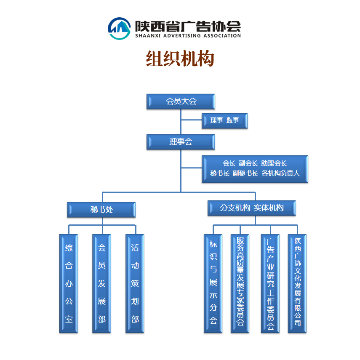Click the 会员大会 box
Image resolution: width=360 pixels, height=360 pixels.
pos(181,101)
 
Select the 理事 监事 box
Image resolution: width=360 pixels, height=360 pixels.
pos(224,120)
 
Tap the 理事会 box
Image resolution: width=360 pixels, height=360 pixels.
pos(181,142)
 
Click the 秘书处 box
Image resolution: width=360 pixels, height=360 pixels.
pos(101,210)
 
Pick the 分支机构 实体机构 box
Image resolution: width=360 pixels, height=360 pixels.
pos(252,208)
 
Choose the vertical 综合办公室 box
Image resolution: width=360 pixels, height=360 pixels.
pos(69,283)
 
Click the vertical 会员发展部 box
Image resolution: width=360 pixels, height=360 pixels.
pos(101,283)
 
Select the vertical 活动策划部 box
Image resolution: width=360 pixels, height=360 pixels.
pos(135,283)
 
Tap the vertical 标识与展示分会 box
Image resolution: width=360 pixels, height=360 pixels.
pos(213,283)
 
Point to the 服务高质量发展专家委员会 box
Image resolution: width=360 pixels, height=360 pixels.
pos(240,283)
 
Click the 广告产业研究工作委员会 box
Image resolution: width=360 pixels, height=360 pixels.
pos(270,283)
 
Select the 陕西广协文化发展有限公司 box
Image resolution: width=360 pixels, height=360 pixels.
pos(297,283)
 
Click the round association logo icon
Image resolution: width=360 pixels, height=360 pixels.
pos(120,29)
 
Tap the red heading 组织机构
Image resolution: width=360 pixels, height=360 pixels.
pos(180,59)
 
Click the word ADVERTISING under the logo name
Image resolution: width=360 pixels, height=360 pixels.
pos(182,36)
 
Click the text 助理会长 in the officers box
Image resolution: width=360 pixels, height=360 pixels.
pos(274,163)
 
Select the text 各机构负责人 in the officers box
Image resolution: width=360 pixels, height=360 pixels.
pos(280,173)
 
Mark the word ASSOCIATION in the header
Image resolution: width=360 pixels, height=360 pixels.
pos(222,36)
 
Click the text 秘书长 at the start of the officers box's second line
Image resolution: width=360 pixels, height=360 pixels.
pos(220,173)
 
